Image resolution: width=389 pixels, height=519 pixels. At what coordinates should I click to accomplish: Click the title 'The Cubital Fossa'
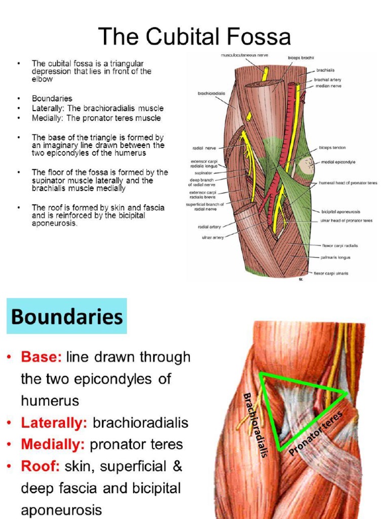tap(194, 36)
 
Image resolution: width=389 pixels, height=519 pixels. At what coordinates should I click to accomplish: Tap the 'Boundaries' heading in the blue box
tap(67, 317)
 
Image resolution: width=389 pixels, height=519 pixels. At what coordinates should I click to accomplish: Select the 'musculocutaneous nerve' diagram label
tap(244, 55)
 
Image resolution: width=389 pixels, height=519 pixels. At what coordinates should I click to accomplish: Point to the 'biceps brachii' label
tap(301, 58)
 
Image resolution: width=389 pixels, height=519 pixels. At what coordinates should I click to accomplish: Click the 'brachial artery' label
tap(328, 79)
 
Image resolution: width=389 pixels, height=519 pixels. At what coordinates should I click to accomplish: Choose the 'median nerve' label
tap(328, 86)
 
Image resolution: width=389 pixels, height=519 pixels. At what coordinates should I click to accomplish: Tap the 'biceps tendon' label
tap(332, 148)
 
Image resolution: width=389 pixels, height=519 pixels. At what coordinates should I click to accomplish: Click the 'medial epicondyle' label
tap(338, 162)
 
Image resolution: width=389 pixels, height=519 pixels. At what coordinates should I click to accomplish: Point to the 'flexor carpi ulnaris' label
tap(331, 273)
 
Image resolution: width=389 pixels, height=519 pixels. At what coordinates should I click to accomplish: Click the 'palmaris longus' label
tap(335, 257)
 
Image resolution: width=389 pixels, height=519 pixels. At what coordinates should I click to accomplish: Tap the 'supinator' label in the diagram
tap(204, 172)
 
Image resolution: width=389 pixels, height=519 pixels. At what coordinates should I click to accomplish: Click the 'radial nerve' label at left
tap(204, 148)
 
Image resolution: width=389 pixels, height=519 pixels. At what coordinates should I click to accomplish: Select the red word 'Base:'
tap(41, 357)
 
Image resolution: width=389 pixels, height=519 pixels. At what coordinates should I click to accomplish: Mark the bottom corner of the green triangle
tap(280, 450)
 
